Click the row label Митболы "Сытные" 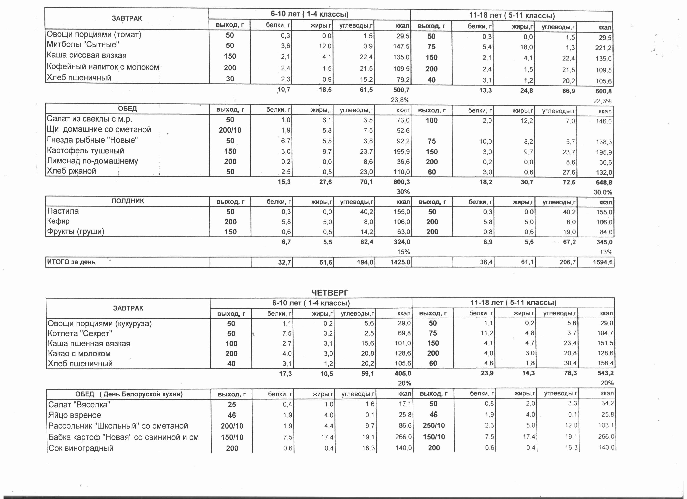point(83,45)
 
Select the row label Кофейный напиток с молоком point(103,67)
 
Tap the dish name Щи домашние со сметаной point(99,130)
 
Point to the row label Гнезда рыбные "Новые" point(92,140)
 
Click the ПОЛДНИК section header point(127,201)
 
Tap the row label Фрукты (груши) point(76,231)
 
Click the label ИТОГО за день point(71,262)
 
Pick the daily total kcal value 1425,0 point(400,262)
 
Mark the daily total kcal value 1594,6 point(603,262)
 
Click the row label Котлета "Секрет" point(80,333)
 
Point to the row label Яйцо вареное point(74,415)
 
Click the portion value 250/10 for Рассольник point(434,425)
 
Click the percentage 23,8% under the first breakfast point(400,100)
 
